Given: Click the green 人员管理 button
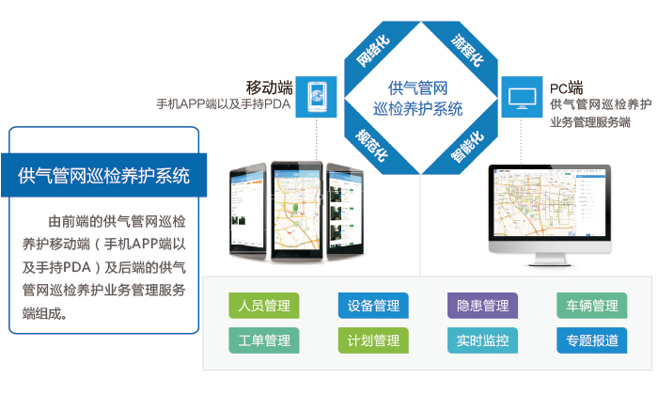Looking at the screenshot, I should (x=264, y=306).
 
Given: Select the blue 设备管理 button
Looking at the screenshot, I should (x=373, y=306).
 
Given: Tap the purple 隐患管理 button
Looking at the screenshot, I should (x=482, y=306).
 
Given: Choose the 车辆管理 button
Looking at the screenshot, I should (x=591, y=306).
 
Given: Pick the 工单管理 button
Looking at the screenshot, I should (x=264, y=340).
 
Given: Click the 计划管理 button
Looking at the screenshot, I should (x=373, y=340).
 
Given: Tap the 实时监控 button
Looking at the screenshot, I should (x=482, y=340).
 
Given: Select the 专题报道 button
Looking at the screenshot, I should (x=591, y=340).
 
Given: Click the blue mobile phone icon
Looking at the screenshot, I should (x=317, y=97).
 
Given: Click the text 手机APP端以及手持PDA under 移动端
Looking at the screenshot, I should (x=224, y=104).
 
